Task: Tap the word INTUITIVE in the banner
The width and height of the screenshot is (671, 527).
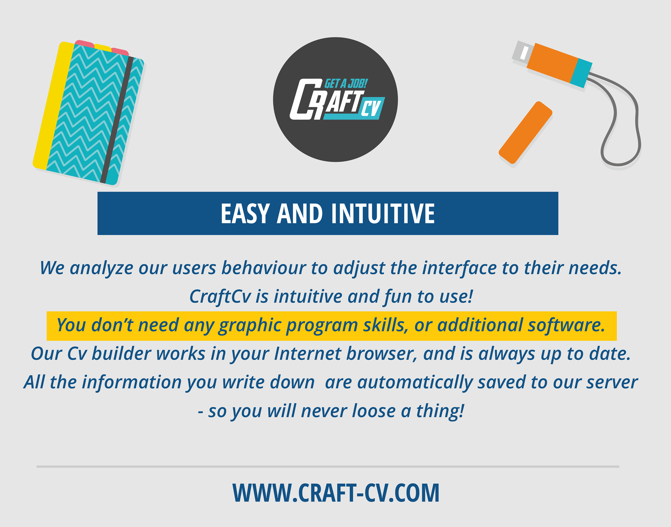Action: [x=383, y=214]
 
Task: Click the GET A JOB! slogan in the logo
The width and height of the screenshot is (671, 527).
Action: [x=346, y=84]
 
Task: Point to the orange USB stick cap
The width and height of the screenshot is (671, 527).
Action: [x=526, y=132]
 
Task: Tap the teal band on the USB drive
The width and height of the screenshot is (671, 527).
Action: [x=581, y=73]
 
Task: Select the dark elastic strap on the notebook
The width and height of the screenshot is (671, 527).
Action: [x=117, y=120]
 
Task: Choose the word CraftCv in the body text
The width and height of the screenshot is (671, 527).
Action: [x=220, y=297]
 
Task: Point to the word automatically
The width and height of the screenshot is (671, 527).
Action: [x=415, y=383]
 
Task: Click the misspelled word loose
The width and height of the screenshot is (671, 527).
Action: [x=374, y=411]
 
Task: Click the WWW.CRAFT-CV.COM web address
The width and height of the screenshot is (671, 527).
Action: [x=336, y=493]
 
